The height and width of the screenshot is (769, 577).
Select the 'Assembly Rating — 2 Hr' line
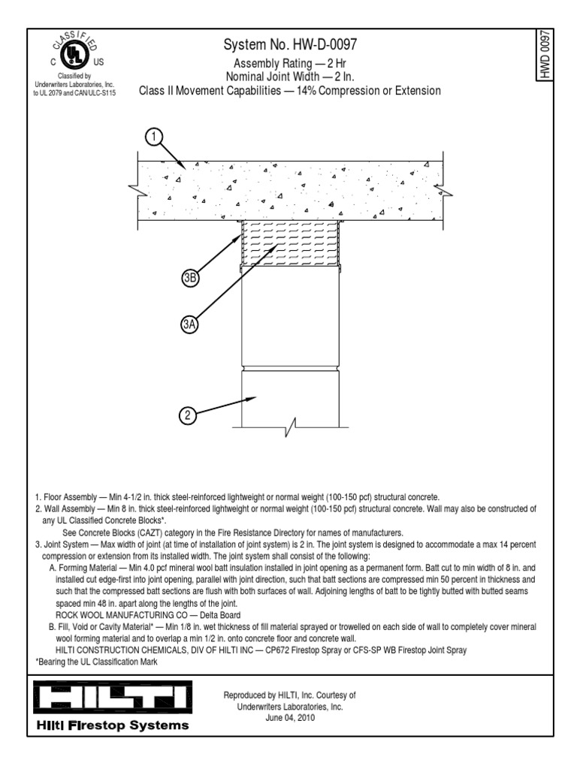point(289,65)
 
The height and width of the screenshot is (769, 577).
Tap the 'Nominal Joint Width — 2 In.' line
point(289,77)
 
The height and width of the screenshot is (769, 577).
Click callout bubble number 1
point(153,137)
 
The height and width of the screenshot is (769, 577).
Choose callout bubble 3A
point(189,324)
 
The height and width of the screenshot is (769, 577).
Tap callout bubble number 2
point(189,415)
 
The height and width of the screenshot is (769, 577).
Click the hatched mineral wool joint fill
point(289,244)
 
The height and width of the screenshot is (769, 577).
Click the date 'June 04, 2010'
point(289,718)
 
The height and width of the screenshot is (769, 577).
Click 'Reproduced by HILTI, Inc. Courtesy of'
point(289,695)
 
